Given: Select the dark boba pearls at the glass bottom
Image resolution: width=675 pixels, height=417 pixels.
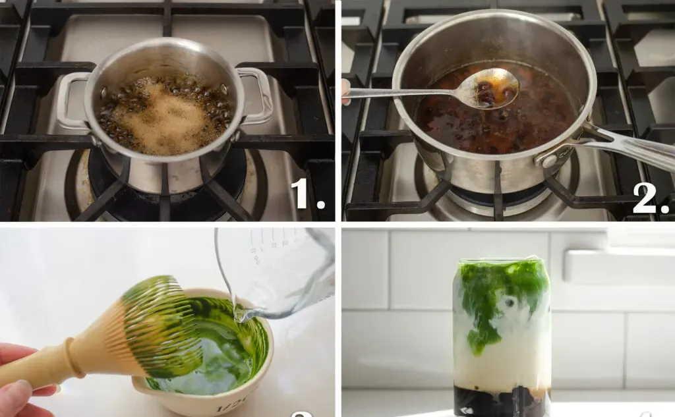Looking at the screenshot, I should [x=501, y=401].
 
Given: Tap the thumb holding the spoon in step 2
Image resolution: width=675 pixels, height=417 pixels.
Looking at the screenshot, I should [x=345, y=92].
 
